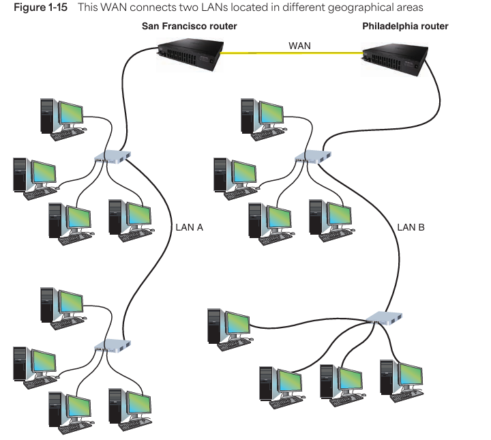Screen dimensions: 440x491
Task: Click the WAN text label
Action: (x=299, y=45)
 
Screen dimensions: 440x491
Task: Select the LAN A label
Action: (x=190, y=227)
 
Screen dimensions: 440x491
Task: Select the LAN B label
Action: (x=411, y=227)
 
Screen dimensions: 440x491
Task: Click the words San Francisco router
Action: (x=190, y=27)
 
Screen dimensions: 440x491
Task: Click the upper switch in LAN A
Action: (x=113, y=158)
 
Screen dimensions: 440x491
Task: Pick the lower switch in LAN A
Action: (x=113, y=346)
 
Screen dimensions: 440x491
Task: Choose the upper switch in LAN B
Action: (x=313, y=158)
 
